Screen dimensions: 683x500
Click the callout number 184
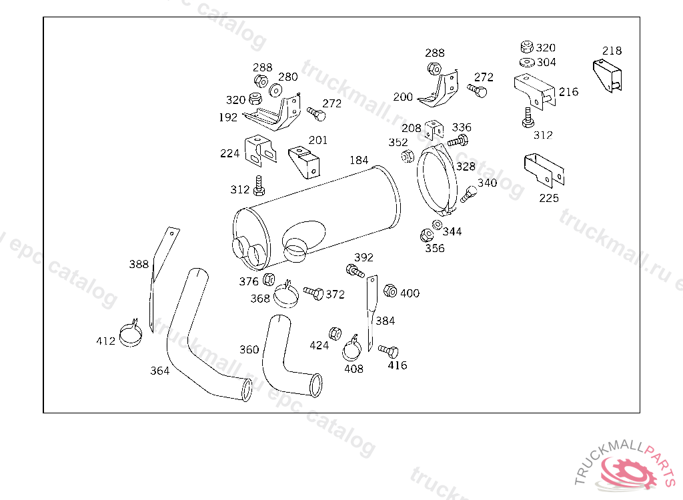pyautogui.click(x=359, y=160)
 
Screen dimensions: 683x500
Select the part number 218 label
pyautogui.click(x=612, y=51)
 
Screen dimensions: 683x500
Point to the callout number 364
pyautogui.click(x=159, y=371)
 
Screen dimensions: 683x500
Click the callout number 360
pyautogui.click(x=249, y=349)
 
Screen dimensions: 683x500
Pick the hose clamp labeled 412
pyautogui.click(x=131, y=333)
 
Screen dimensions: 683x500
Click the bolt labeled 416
pyautogui.click(x=389, y=351)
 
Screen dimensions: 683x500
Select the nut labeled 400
pyautogui.click(x=390, y=291)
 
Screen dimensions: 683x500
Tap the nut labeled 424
pyautogui.click(x=335, y=333)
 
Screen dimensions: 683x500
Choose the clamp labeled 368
pyautogui.click(x=286, y=295)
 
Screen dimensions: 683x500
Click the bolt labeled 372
pyautogui.click(x=313, y=293)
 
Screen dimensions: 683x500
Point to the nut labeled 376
pyautogui.click(x=269, y=279)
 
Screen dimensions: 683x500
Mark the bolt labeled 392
pyautogui.click(x=355, y=271)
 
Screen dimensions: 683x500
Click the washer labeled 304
pyautogui.click(x=527, y=63)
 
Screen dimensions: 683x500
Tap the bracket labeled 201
pyautogui.click(x=304, y=161)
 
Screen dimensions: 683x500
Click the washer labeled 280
pyautogui.click(x=275, y=90)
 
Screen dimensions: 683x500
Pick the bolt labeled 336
pyautogui.click(x=458, y=141)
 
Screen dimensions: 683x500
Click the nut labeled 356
pyautogui.click(x=427, y=235)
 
